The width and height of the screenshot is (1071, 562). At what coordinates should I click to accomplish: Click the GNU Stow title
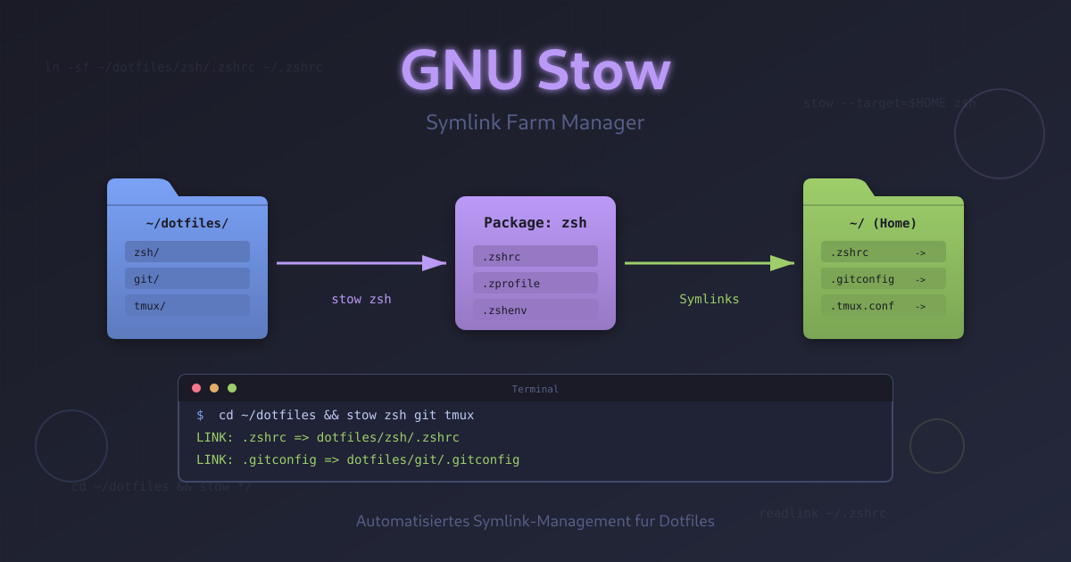535,70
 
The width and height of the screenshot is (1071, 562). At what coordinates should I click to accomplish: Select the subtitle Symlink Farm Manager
535,122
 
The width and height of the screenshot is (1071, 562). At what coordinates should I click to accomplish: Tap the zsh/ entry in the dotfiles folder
187,252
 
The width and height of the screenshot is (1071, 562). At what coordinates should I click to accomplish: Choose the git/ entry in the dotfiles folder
187,278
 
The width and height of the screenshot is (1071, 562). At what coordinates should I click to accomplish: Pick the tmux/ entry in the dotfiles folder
187,305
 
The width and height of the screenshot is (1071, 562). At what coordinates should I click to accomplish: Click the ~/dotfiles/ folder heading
187,223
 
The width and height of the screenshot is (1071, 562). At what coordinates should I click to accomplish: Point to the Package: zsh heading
535,223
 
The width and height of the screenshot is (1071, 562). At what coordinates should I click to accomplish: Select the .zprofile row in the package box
535,283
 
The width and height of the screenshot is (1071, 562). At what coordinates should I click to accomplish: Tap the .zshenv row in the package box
535,310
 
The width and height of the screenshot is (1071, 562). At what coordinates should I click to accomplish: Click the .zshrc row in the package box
535,256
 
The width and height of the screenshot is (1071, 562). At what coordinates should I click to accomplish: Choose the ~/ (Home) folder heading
884,223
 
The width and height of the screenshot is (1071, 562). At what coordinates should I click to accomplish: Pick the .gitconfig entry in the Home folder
884,278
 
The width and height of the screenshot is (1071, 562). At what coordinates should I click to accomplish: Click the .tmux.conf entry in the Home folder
884,305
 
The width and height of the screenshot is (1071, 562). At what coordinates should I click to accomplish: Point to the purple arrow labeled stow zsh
361,263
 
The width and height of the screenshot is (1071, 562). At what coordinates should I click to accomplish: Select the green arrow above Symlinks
710,263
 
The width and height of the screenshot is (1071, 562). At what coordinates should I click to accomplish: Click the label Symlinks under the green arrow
710,299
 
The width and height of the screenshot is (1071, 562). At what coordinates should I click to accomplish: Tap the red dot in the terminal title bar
196,388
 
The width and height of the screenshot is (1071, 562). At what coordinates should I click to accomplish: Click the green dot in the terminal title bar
232,388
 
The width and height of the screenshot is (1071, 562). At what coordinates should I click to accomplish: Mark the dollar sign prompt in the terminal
200,415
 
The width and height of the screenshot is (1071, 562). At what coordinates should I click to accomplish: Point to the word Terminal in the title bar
535,389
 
